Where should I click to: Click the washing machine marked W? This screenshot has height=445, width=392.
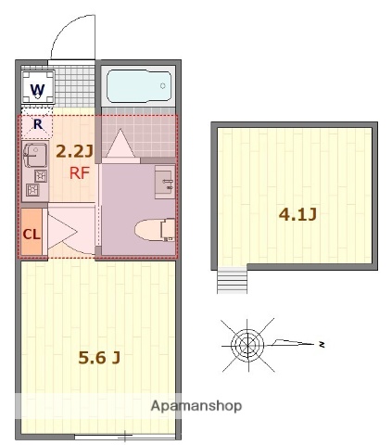point(37,90)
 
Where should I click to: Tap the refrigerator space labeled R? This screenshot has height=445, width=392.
point(37,123)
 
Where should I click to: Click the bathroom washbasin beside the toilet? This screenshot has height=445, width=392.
point(163,183)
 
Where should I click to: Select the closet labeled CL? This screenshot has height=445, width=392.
point(32,233)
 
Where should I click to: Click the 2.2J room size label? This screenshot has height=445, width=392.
point(74,150)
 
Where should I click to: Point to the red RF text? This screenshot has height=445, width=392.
point(80,172)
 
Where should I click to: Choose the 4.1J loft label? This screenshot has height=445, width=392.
point(298,215)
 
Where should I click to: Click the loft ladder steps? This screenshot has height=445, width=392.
point(233,280)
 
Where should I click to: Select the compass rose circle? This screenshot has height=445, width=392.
point(247,344)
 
